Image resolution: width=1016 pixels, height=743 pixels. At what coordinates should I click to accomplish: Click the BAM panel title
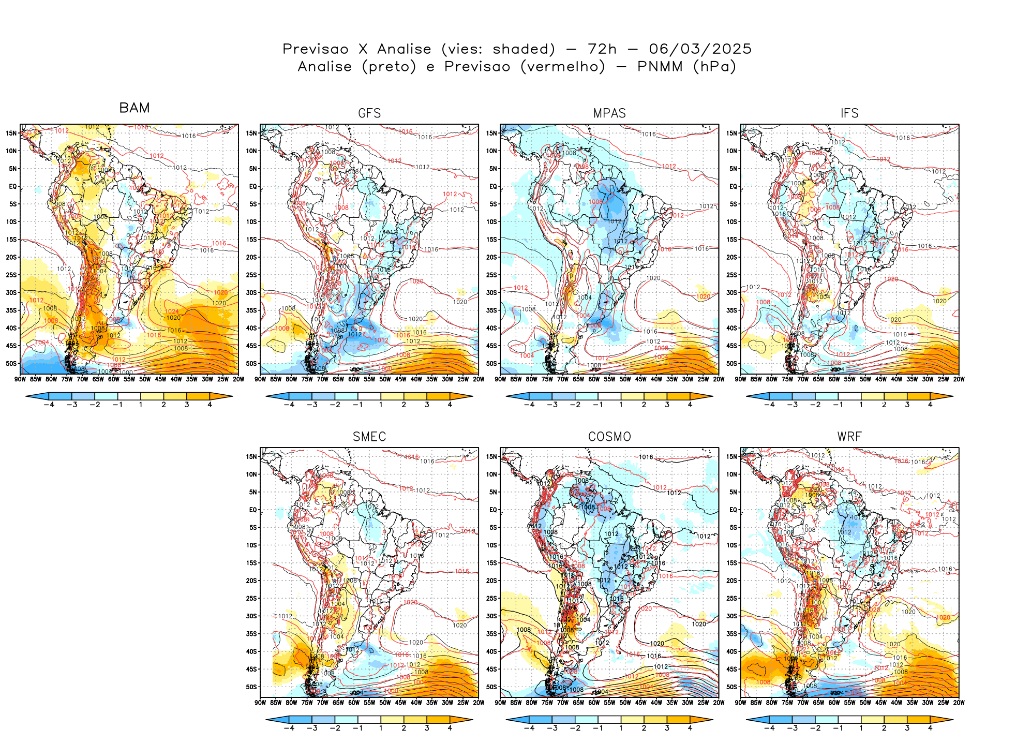[135, 108]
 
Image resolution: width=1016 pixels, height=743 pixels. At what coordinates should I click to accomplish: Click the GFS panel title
[369, 113]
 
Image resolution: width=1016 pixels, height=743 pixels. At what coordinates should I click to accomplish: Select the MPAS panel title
[609, 113]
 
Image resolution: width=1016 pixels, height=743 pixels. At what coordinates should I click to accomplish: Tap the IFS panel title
[849, 113]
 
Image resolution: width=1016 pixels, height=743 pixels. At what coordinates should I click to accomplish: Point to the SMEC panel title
[369, 437]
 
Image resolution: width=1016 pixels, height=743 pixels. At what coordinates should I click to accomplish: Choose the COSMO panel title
[609, 437]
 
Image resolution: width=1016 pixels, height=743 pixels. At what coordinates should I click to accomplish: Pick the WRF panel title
[849, 437]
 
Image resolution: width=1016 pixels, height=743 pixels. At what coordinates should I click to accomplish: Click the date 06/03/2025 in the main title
[700, 49]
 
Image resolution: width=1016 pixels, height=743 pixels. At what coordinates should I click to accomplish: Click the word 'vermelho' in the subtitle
[562, 66]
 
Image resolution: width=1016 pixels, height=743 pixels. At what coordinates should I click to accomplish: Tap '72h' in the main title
[602, 49]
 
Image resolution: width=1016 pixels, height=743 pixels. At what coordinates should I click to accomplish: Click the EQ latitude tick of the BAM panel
[13, 186]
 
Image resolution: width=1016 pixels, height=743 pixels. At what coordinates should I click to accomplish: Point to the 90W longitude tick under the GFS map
[260, 379]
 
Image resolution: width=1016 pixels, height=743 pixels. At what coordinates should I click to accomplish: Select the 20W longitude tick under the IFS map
[959, 379]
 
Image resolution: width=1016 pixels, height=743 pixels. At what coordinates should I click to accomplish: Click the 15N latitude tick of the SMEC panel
[251, 456]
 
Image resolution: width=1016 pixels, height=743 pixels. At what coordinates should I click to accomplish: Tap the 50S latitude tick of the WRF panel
[731, 687]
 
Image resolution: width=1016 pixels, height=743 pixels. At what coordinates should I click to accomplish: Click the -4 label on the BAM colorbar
[49, 405]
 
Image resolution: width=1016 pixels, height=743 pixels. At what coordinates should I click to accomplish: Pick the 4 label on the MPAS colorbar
[690, 405]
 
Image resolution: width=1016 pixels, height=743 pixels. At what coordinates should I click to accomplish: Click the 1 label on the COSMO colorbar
[621, 728]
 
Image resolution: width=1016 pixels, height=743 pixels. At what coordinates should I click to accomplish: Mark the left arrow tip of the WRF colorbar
[747, 719]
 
